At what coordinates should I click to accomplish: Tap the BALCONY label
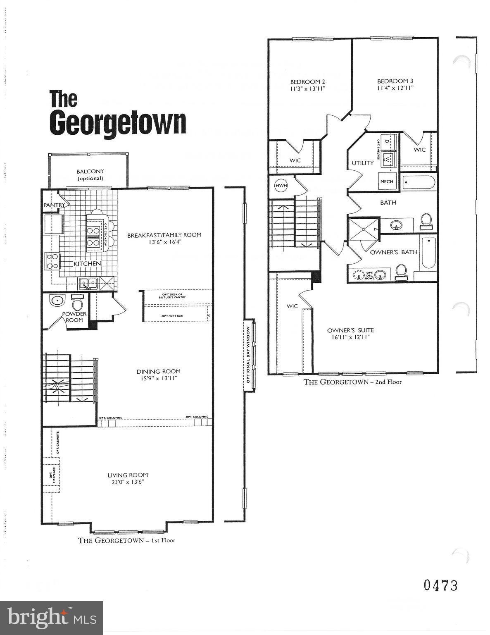coord(90,171)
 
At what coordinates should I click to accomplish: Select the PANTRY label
coord(55,205)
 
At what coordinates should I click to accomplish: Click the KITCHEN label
coord(87,263)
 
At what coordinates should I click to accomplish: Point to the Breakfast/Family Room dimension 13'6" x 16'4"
coord(164,242)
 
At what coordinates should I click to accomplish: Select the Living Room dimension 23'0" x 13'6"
coord(128,482)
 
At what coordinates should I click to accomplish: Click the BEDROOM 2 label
coord(307,81)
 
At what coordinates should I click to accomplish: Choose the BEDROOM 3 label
coord(395,81)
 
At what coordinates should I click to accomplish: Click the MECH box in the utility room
coord(387,181)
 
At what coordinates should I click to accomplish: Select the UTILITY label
coord(363,163)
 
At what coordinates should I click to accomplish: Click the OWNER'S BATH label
coord(394,252)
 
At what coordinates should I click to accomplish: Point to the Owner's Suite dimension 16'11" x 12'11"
coord(350,337)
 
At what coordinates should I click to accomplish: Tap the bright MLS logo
coord(52,618)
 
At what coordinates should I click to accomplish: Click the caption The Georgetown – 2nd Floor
coord(352,382)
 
